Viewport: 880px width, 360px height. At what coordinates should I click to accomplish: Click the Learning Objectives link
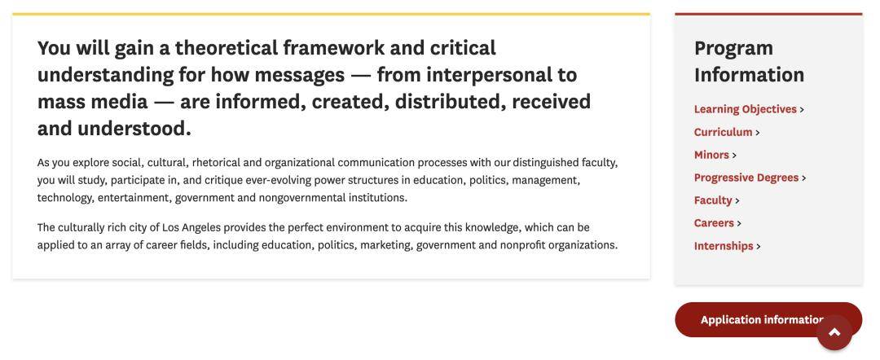(x=746, y=109)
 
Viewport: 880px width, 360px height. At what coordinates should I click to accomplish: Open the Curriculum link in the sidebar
(x=723, y=132)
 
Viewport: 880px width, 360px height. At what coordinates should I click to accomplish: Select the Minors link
(x=711, y=155)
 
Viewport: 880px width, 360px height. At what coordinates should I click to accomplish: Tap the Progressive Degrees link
(x=746, y=178)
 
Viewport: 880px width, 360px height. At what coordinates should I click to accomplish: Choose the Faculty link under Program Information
(x=713, y=200)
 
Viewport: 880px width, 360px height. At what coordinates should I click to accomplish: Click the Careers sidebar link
(x=714, y=223)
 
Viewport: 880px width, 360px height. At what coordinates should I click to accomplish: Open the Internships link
(x=724, y=246)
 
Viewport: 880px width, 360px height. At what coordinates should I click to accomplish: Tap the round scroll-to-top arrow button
(x=834, y=332)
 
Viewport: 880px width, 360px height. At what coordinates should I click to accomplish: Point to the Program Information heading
(x=750, y=61)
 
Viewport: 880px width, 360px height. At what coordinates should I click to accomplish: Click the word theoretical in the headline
(x=226, y=48)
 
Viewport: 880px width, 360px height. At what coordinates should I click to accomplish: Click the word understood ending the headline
(x=134, y=129)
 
